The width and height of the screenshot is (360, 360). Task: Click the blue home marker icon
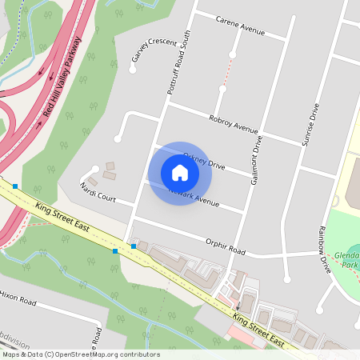180,173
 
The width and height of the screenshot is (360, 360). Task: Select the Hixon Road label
18,298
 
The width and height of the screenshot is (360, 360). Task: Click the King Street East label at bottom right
258,330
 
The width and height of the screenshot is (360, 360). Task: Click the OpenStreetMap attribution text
81,354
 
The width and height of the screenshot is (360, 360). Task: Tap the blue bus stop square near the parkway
15,186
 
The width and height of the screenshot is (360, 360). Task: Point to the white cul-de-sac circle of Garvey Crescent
132,69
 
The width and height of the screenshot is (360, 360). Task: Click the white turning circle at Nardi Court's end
94,169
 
